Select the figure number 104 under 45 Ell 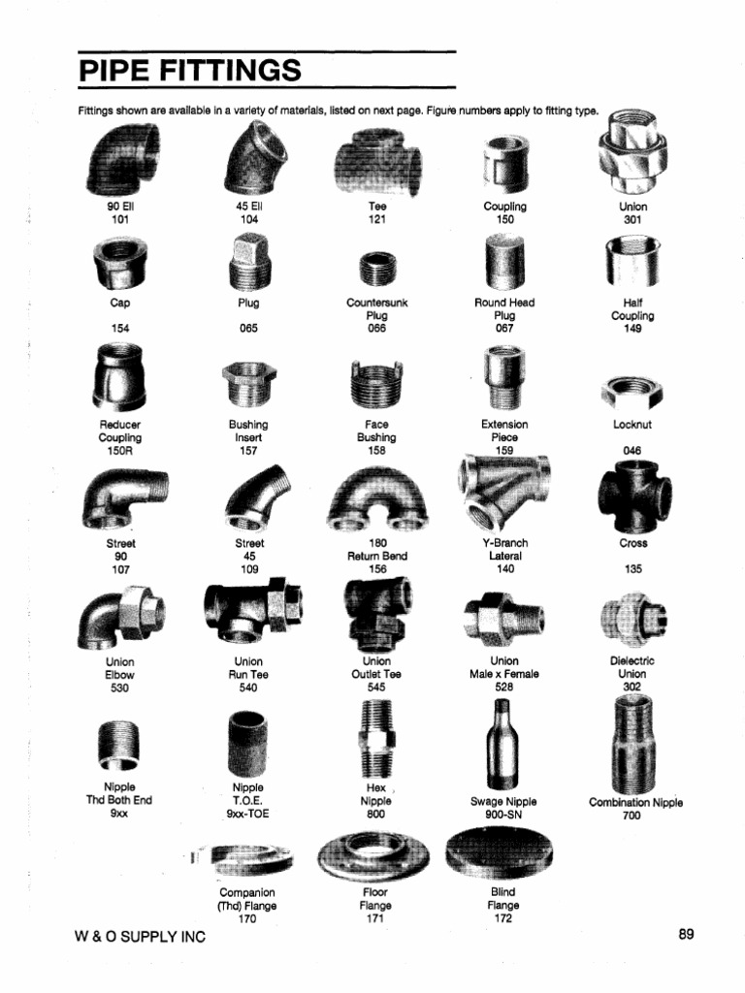tap(249, 219)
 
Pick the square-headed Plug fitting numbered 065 tap(248, 265)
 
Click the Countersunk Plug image tap(375, 269)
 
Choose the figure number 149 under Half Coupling tap(632, 329)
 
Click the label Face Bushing tap(376, 431)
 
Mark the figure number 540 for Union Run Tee tap(248, 688)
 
